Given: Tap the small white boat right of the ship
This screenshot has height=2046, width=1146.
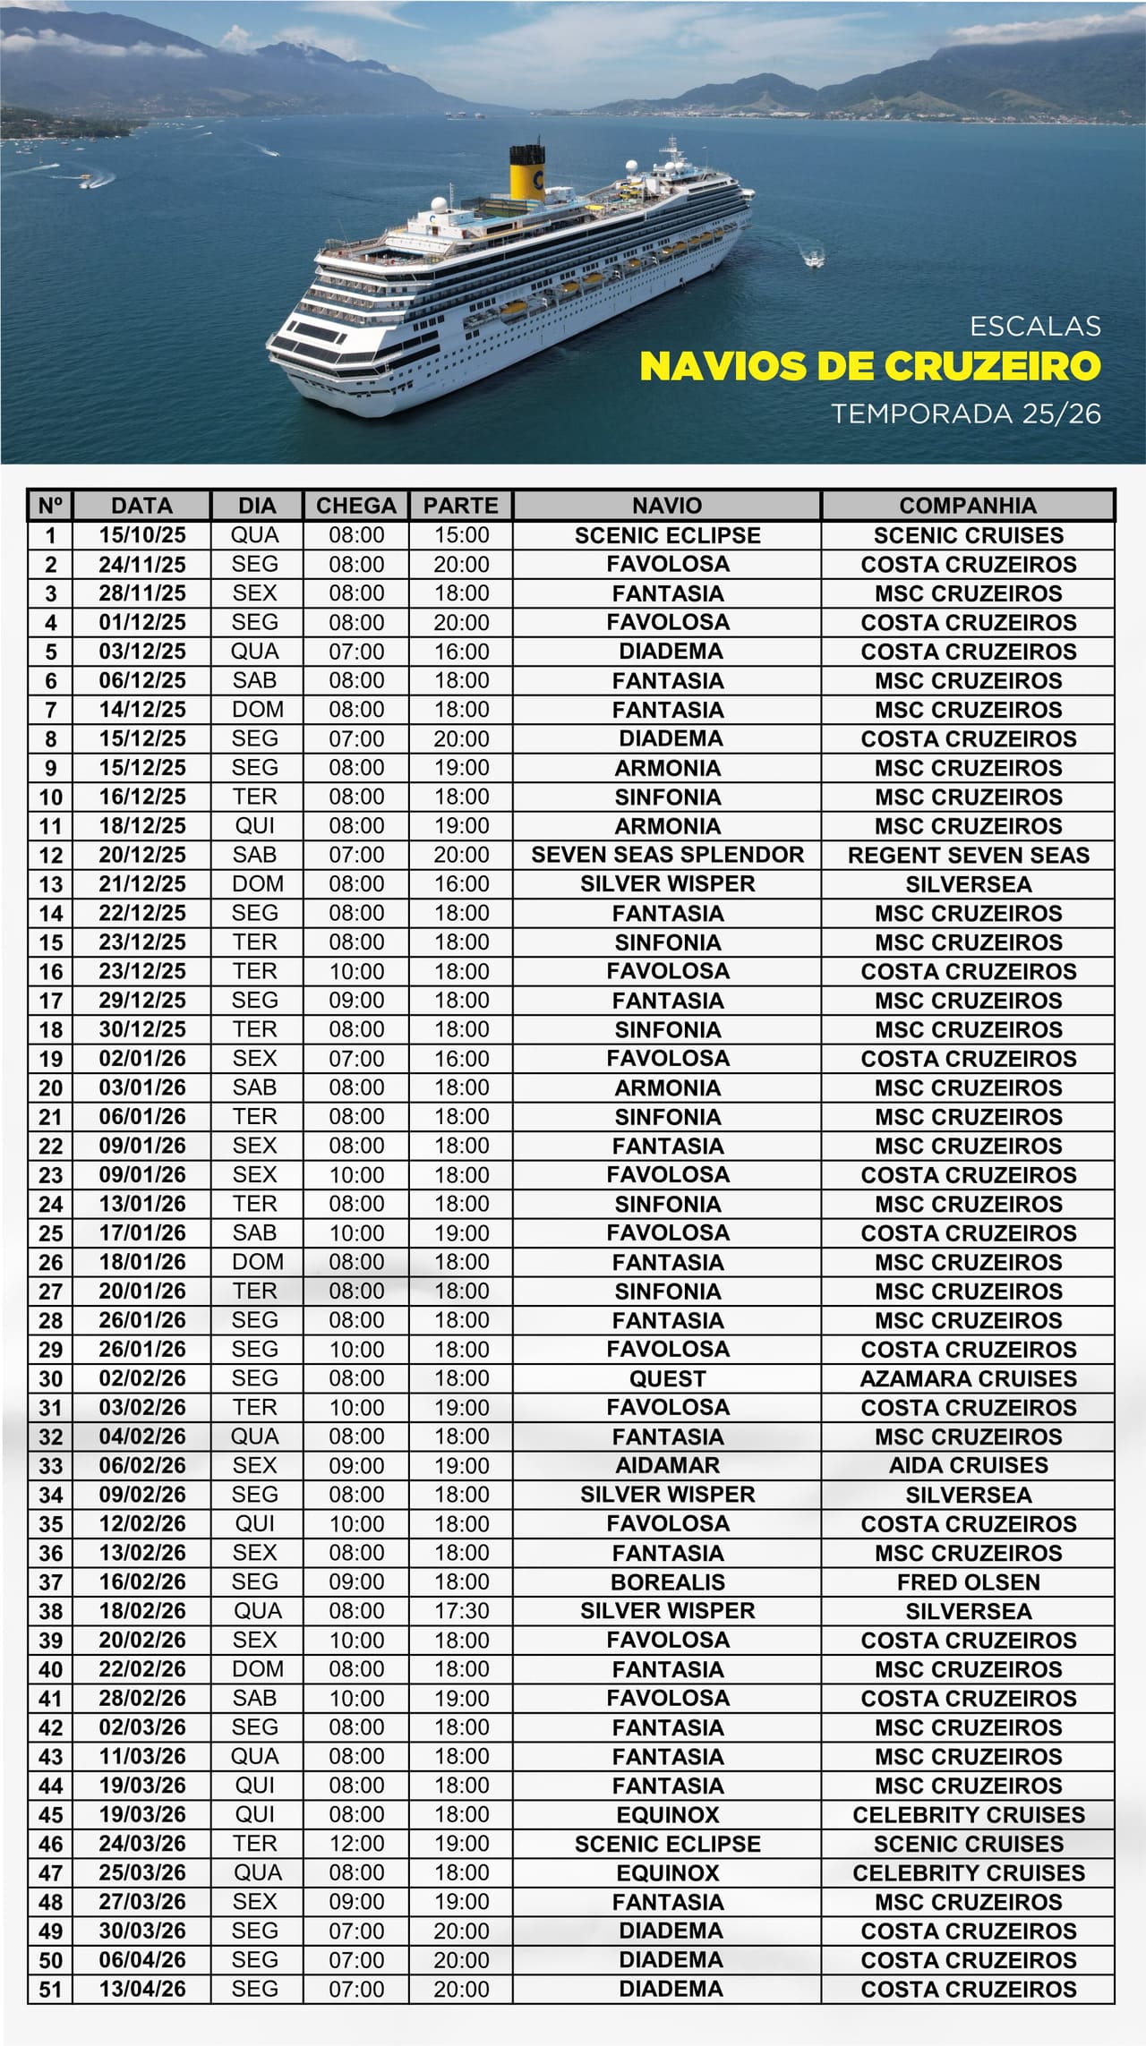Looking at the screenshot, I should click(x=814, y=260).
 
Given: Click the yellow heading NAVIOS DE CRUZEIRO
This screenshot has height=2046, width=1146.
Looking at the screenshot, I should click(x=869, y=366).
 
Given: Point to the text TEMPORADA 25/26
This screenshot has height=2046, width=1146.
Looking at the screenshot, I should click(x=965, y=413).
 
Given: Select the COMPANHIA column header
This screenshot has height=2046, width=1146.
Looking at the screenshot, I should click(x=968, y=506).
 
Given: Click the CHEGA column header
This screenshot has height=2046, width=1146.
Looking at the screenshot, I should click(x=355, y=506).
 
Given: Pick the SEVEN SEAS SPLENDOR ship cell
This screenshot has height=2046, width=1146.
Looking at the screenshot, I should click(x=667, y=855).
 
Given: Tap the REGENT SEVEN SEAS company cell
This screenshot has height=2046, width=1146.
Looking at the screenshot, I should click(x=968, y=855).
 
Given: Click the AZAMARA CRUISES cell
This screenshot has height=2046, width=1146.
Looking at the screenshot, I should click(x=968, y=1378).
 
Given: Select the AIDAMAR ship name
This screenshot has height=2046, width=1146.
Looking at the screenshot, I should click(x=667, y=1465).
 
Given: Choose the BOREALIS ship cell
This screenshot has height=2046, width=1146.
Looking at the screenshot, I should click(x=667, y=1581).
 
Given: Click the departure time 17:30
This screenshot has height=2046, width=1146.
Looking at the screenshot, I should click(x=461, y=1611).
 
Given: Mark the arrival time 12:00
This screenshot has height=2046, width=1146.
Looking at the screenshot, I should click(x=355, y=1844).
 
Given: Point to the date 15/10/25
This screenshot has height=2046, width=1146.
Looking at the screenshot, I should click(x=142, y=535).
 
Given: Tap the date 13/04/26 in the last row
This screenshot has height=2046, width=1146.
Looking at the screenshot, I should click(x=142, y=1989).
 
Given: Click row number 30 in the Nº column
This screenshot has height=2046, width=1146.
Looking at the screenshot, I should click(x=50, y=1378).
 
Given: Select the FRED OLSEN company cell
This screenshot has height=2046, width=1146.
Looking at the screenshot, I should click(x=968, y=1581).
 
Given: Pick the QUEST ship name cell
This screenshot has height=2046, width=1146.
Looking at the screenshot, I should click(x=667, y=1378).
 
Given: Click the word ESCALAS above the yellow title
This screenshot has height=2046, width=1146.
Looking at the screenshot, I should click(x=1034, y=326).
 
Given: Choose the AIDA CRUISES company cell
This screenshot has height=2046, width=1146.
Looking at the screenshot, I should click(x=968, y=1465).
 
